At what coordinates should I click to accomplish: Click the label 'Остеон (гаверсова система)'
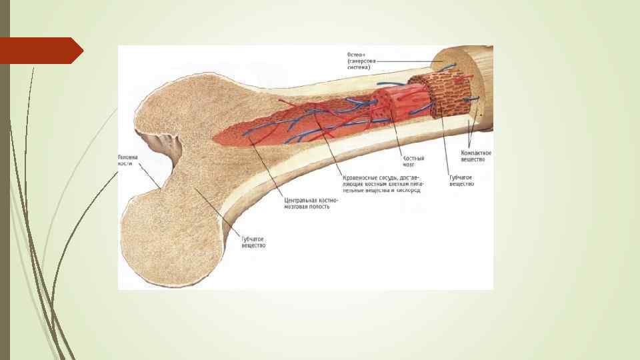[359, 60]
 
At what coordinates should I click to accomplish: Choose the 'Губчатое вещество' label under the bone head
[254, 241]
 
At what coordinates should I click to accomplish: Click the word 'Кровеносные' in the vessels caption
[357, 178]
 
